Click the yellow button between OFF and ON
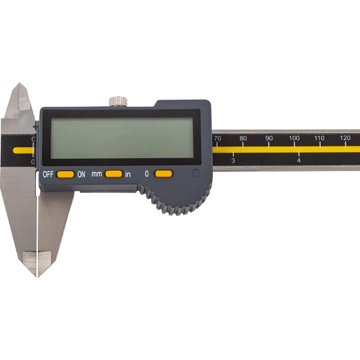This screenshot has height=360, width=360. (65, 175)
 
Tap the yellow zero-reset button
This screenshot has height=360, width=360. (163, 174)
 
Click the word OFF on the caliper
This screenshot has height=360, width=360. (48, 175)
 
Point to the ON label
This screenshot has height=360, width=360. (81, 175)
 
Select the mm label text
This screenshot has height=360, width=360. (97, 174)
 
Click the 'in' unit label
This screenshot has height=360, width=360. (128, 175)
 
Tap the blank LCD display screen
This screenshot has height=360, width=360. (122, 138)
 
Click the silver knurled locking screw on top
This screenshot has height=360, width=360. (118, 101)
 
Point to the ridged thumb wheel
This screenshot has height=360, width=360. (175, 200)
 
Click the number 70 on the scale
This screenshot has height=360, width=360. (217, 139)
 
